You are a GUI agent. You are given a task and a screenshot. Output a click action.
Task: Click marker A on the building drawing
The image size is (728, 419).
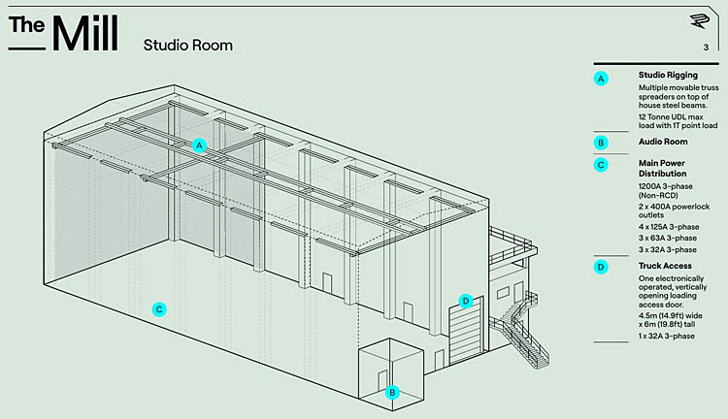199,145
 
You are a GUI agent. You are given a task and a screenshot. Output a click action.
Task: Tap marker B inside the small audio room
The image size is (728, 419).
392,392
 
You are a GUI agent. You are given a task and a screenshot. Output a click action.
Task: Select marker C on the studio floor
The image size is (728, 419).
159,309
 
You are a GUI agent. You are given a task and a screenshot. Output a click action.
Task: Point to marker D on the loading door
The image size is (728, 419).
466,301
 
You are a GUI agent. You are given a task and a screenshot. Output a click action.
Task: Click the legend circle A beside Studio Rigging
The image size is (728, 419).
602,78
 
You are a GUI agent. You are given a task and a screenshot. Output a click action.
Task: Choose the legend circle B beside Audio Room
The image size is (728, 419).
602,143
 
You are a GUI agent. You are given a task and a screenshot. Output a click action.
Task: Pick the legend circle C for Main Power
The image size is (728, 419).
602,165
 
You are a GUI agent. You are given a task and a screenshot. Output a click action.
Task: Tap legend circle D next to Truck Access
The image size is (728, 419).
602,266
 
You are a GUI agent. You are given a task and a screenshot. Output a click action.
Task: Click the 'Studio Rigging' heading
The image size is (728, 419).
668,75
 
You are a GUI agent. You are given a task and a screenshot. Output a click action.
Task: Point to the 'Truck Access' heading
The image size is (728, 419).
666,266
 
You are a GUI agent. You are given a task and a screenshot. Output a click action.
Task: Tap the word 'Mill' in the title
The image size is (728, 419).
85,33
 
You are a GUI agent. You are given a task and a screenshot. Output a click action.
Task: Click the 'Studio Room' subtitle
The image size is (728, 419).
187,45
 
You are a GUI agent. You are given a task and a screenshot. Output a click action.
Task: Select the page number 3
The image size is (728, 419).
706,48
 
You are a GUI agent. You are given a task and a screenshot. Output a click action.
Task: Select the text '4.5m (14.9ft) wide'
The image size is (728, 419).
671,314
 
